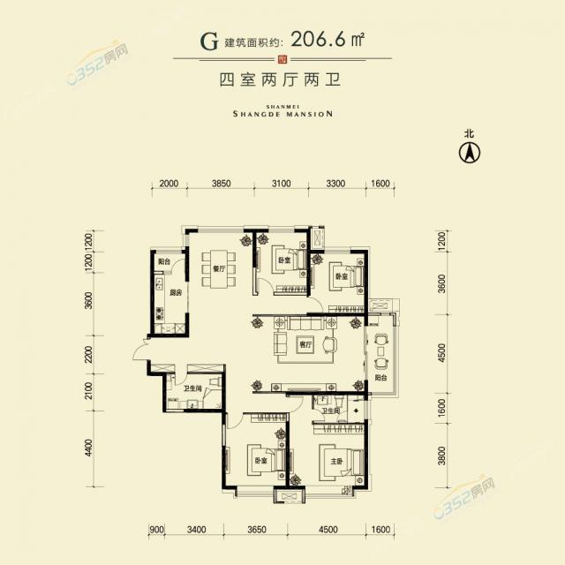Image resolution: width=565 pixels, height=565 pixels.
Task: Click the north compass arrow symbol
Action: click(471, 152)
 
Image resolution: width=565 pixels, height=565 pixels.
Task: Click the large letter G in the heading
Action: click(209, 41)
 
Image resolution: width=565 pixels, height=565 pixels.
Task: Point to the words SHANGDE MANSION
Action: click(282, 113)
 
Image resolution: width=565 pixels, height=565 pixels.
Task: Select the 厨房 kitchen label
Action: click(176, 293)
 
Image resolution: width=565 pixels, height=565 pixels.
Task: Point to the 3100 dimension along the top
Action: click(281, 184)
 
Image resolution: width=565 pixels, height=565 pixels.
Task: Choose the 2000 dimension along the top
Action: click(169, 184)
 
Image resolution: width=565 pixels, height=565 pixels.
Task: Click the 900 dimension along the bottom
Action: click(157, 530)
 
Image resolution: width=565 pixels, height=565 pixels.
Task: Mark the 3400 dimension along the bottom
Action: click(196, 530)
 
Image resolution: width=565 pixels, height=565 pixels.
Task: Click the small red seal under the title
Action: click(282, 60)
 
